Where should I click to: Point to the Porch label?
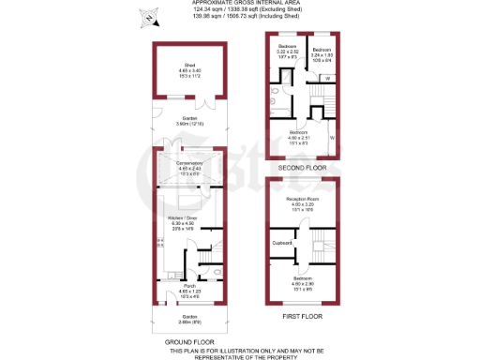click(x=189, y=288)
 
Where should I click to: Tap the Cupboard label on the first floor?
click(x=282, y=243)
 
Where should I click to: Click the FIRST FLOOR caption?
click(x=302, y=317)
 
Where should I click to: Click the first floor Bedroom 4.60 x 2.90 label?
click(x=302, y=282)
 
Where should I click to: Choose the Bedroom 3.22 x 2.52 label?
click(x=287, y=50)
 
